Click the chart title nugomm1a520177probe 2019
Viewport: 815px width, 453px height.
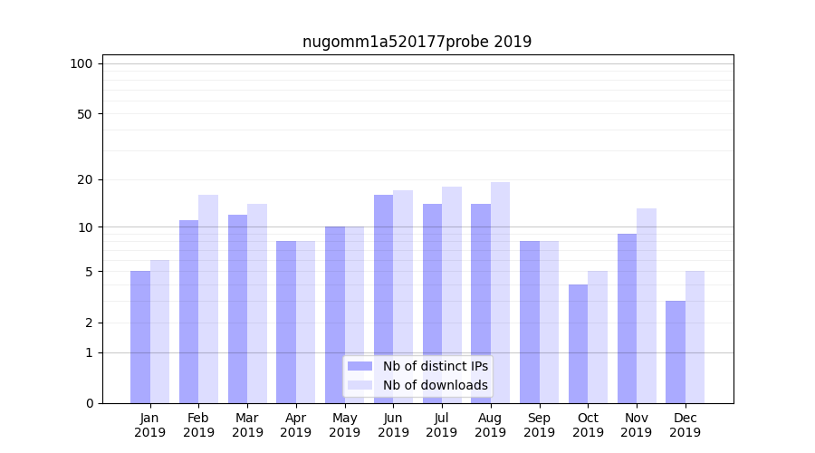click(417, 42)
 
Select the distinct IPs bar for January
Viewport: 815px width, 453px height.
click(140, 337)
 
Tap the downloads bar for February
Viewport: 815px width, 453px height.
click(208, 299)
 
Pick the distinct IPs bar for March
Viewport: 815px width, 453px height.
click(237, 309)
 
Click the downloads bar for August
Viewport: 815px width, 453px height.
click(500, 293)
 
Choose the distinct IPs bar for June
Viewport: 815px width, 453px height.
click(383, 299)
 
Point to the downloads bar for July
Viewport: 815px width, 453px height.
click(451, 294)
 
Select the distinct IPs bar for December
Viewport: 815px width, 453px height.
click(676, 352)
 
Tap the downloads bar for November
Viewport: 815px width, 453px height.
click(646, 305)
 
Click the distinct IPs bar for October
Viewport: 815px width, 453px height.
click(578, 343)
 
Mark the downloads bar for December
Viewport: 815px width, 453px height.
click(695, 337)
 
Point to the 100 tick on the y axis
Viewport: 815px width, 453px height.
click(81, 63)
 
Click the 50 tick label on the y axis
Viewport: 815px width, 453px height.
click(84, 114)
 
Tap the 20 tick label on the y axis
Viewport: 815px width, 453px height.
click(84, 179)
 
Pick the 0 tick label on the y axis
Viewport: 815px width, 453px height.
click(88, 403)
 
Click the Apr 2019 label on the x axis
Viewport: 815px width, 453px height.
click(296, 425)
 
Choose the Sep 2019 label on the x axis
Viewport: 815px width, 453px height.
click(539, 425)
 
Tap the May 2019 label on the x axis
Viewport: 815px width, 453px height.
click(345, 425)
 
